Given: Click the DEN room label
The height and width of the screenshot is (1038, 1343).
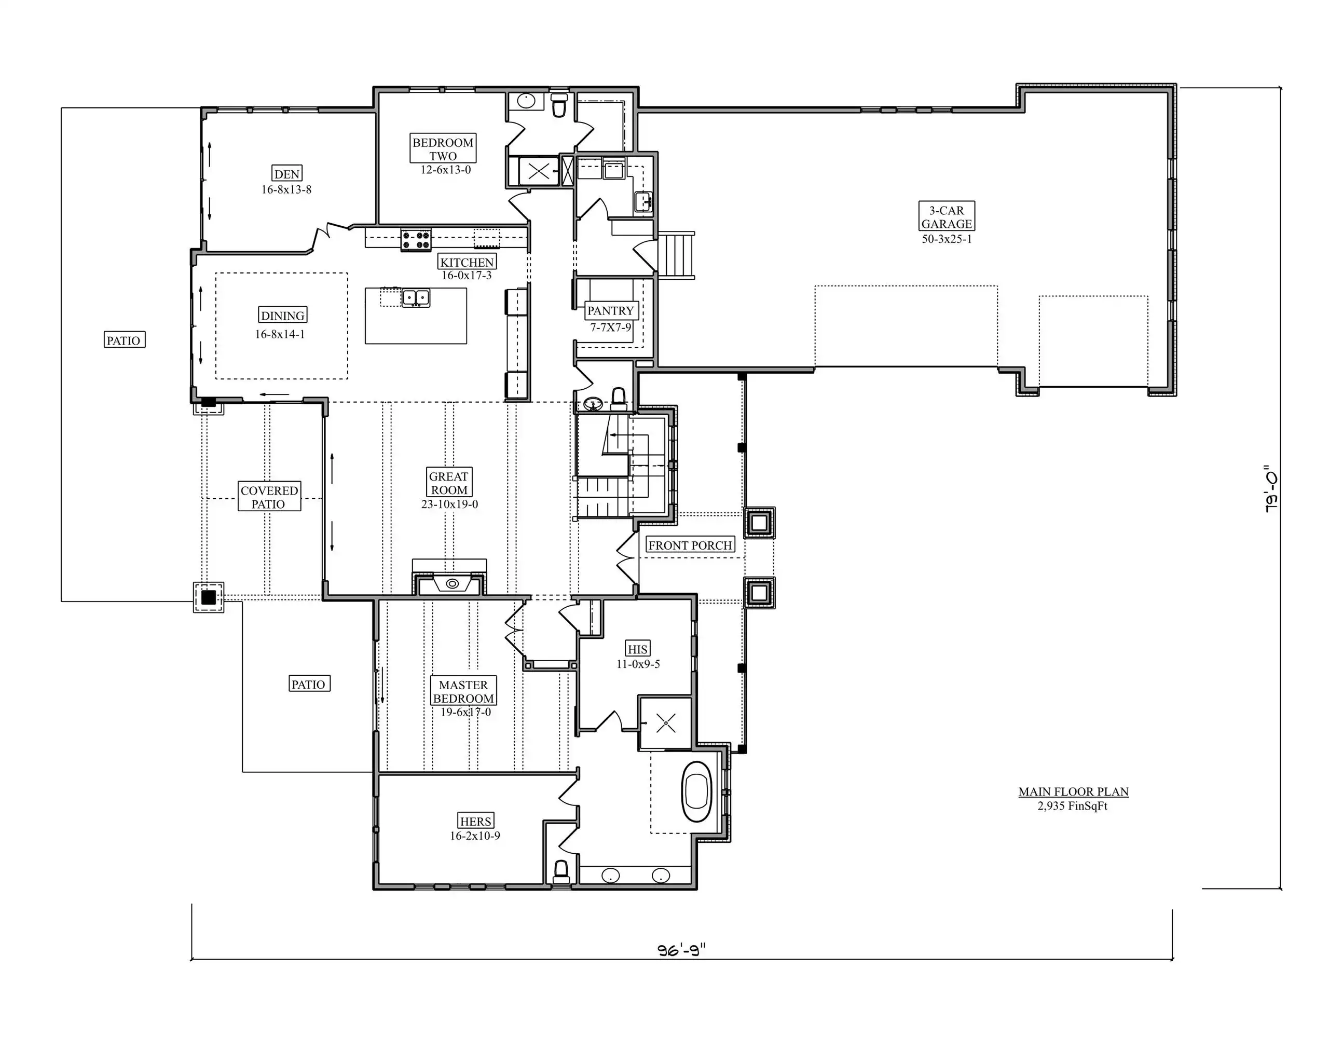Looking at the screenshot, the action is click(287, 174).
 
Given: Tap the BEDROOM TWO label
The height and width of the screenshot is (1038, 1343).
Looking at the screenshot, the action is click(443, 149).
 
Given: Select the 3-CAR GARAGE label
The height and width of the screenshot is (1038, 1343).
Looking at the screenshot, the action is click(947, 217).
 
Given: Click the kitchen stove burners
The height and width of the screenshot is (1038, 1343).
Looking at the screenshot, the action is click(416, 239).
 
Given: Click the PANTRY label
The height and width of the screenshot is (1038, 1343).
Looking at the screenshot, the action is click(610, 310).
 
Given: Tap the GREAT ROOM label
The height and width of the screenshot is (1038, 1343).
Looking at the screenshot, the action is click(449, 483).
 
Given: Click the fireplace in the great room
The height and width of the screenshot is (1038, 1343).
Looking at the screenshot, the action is click(449, 582).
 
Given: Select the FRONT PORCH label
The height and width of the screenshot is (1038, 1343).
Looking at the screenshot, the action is click(690, 545).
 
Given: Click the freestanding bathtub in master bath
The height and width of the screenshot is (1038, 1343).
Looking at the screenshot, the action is click(697, 792).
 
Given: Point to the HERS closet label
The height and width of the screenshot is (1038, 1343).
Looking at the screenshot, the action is click(475, 821).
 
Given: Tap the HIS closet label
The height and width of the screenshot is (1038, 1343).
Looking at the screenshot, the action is click(637, 649).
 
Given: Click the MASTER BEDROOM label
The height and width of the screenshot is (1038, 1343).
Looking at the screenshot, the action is click(463, 691).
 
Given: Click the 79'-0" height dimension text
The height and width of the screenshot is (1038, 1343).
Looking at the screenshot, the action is click(1271, 489).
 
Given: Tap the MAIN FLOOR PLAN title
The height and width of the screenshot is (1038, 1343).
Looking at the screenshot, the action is click(1073, 791).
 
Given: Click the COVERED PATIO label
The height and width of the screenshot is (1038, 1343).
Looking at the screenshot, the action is click(269, 497).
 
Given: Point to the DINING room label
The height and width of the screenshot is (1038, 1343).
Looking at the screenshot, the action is click(283, 316).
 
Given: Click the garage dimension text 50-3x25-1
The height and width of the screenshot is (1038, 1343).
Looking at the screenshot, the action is click(947, 239).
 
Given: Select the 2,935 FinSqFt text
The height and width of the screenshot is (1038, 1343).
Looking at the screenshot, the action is click(1073, 805).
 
